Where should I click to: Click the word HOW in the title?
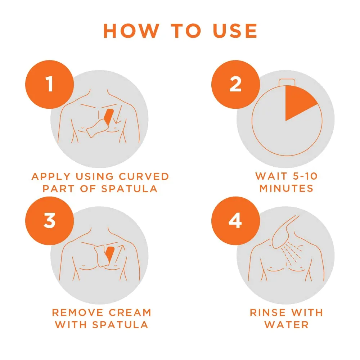click(x=131, y=31)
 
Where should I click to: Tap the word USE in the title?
click(x=235, y=31)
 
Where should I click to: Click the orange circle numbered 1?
click(x=50, y=85)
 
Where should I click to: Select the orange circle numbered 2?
click(x=235, y=85)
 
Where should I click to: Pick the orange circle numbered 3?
click(x=50, y=221)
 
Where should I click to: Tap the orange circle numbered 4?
click(x=235, y=221)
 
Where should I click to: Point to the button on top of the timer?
click(x=287, y=82)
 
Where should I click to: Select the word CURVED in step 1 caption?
click(x=144, y=176)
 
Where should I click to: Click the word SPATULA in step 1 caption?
click(x=129, y=189)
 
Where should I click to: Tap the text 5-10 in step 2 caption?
click(x=302, y=176)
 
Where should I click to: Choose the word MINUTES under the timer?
click(x=286, y=188)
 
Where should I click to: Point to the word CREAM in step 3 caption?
click(x=130, y=312)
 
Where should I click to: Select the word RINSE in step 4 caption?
click(x=268, y=312)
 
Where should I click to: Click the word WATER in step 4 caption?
click(x=287, y=325)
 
